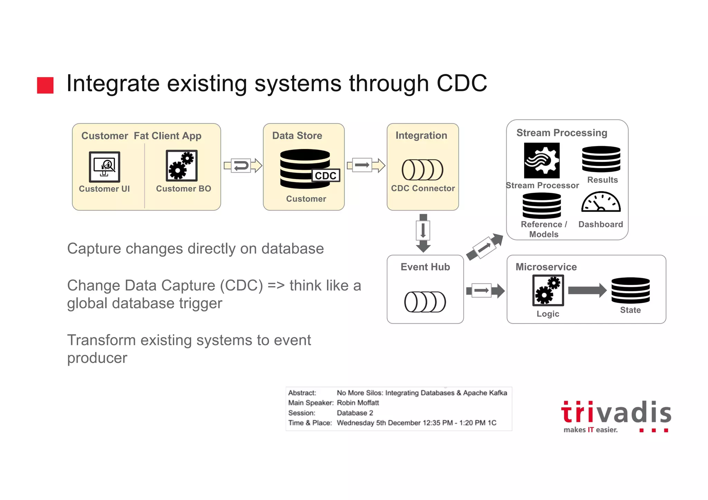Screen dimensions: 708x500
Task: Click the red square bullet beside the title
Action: [45, 85]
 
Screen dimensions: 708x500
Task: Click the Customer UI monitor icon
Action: [104, 167]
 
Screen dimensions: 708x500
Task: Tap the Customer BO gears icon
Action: [181, 166]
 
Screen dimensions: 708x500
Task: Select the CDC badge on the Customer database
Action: [326, 176]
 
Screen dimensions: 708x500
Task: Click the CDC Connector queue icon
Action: [422, 170]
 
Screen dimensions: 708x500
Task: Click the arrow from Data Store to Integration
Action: [366, 165]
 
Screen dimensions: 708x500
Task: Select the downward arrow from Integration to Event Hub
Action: [423, 233]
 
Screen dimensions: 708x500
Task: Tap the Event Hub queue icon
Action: [425, 302]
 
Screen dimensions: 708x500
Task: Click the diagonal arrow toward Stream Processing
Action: [485, 246]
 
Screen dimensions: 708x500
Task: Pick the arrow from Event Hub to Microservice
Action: [485, 291]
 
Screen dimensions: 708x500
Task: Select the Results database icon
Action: [601, 159]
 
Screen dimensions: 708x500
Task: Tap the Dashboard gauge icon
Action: [601, 202]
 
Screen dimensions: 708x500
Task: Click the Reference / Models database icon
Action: [542, 206]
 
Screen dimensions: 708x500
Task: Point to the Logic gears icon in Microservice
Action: [548, 290]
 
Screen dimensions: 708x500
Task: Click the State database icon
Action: [630, 291]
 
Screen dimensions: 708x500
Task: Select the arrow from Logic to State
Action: [587, 290]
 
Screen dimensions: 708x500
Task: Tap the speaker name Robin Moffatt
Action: [358, 403]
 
